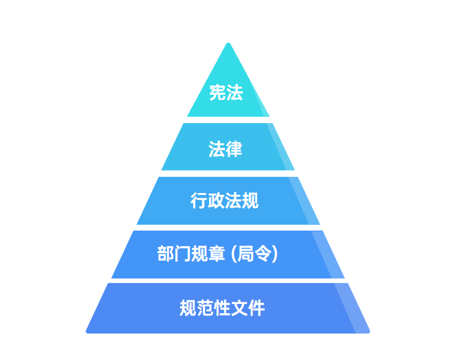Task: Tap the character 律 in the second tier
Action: click(x=234, y=149)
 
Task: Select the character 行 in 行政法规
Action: click(x=199, y=201)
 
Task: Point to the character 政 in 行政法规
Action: click(x=216, y=201)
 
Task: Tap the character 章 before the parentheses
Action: click(x=216, y=254)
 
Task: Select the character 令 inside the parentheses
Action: click(x=264, y=254)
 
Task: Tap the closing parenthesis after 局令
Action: click(x=275, y=254)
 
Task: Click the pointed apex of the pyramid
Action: click(x=228, y=44)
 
